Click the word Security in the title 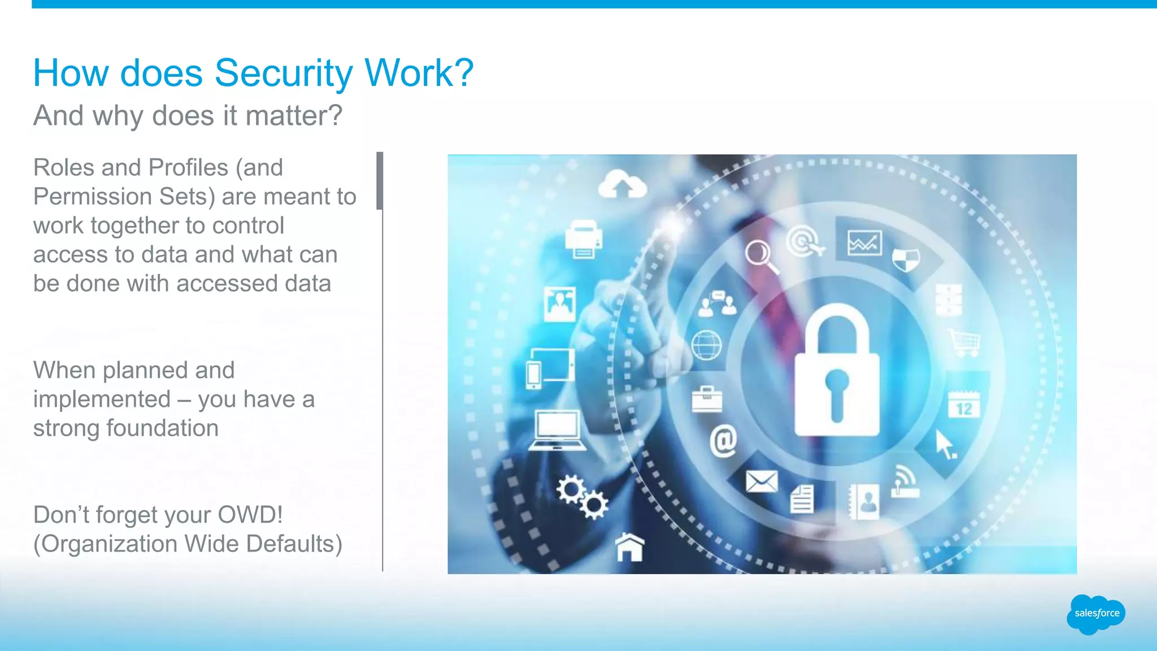[284, 74]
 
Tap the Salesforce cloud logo [1096, 614]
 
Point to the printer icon [584, 239]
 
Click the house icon [629, 546]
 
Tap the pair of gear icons [582, 497]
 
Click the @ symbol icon [723, 441]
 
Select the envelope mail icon [762, 481]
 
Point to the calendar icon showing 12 [964, 405]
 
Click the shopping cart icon [965, 342]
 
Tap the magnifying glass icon [760, 256]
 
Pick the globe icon [706, 345]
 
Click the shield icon [906, 260]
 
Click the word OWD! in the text [250, 515]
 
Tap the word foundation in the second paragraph [162, 428]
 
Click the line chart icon [864, 244]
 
